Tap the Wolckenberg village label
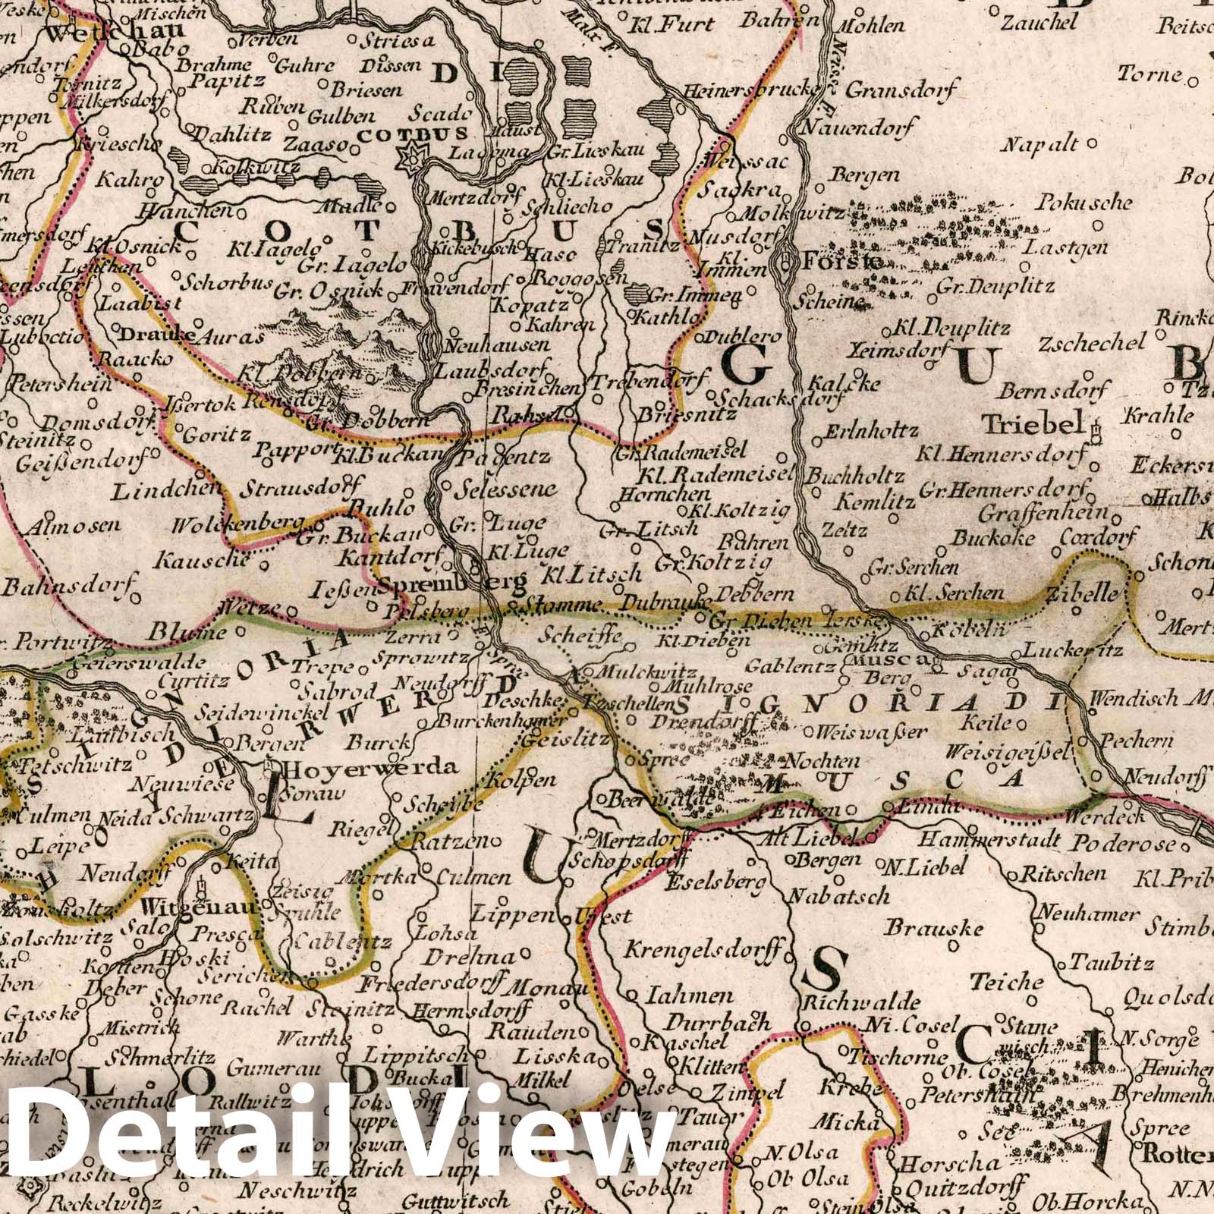[x=237, y=526]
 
